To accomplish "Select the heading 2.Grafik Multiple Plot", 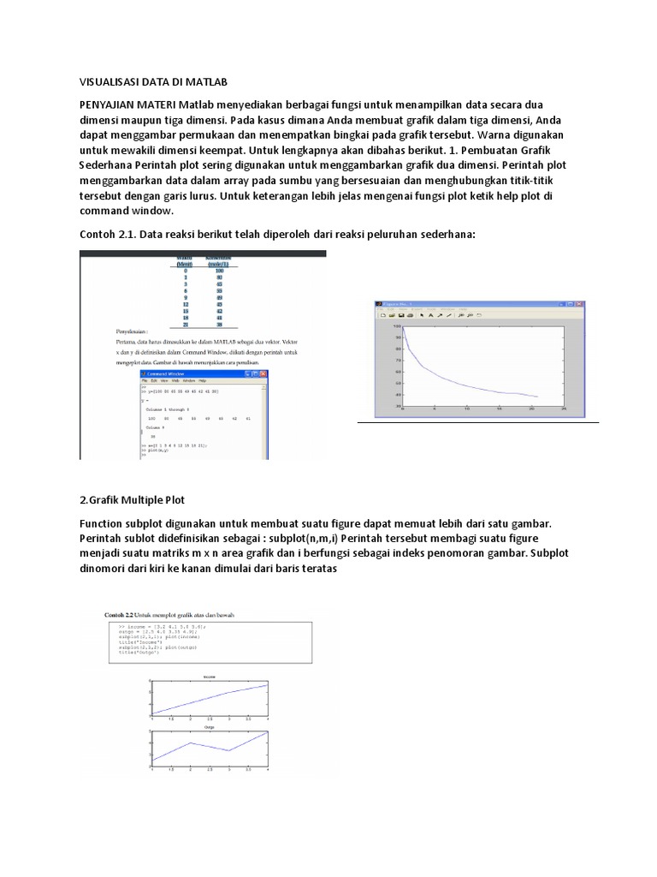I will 133,499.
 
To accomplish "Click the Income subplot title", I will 209,677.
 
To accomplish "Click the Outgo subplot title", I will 209,727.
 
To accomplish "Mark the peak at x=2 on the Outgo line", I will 190,743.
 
